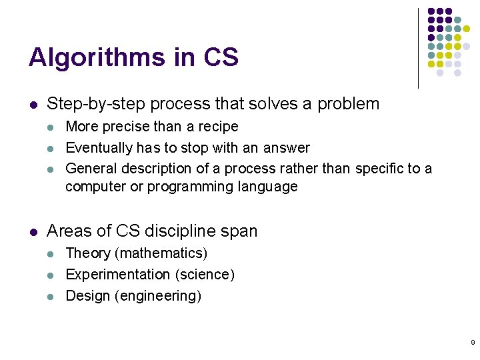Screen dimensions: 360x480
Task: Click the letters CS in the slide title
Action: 221,57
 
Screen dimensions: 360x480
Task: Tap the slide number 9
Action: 473,342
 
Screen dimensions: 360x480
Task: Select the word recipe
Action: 217,127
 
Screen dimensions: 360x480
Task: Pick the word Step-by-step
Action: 96,104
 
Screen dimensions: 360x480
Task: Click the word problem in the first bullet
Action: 348,104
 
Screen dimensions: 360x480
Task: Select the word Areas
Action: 69,231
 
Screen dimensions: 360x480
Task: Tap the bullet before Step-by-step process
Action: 33,105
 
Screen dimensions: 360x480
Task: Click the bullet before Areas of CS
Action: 33,232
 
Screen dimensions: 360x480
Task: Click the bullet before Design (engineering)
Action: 51,296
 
